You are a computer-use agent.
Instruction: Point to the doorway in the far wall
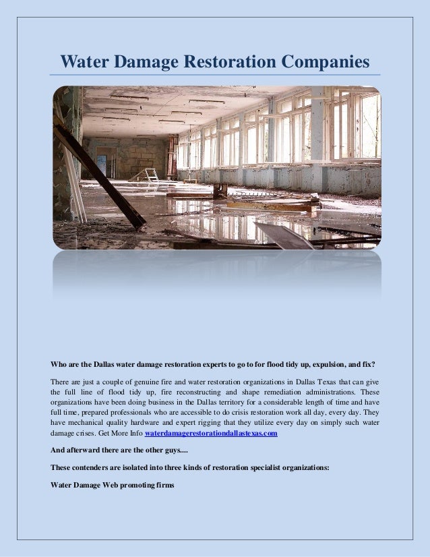click(101, 165)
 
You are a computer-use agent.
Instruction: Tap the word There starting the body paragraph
click(61, 382)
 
